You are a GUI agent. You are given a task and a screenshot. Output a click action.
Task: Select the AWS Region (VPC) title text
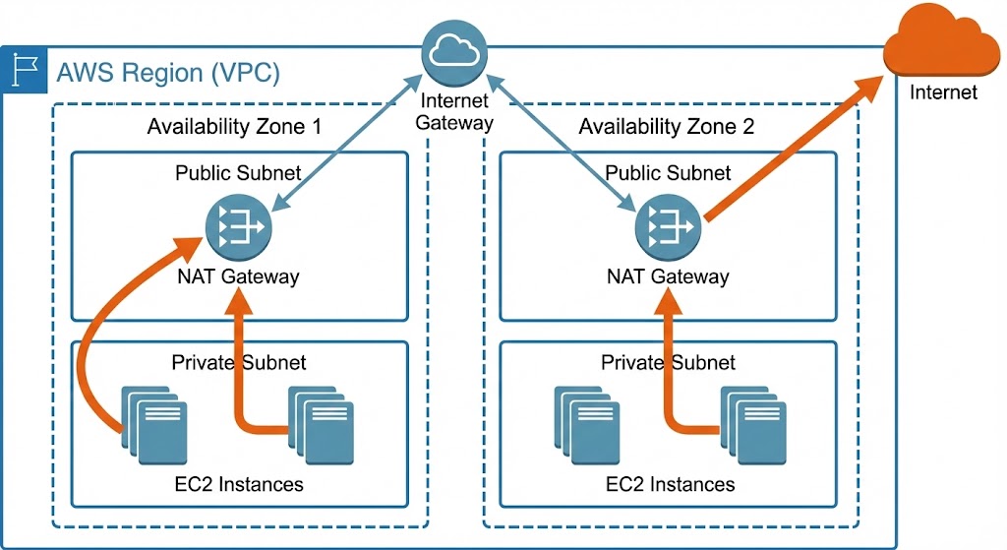point(168,73)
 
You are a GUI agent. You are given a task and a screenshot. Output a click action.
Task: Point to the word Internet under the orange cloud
point(943,92)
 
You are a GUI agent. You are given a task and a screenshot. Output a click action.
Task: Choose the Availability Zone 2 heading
point(667,126)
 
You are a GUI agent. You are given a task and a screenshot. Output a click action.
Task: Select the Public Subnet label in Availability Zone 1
point(238,173)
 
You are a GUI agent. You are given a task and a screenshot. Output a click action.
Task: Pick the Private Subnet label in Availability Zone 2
point(668,362)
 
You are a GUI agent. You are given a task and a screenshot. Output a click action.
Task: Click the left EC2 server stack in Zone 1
point(153,424)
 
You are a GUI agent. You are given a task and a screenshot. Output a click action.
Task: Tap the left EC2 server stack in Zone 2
point(585,424)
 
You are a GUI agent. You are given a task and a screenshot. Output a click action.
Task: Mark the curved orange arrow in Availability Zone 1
point(93,325)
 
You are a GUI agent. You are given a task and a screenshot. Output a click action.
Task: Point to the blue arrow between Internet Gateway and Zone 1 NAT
point(344,148)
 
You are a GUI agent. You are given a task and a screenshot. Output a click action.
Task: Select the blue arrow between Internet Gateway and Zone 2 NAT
point(562,148)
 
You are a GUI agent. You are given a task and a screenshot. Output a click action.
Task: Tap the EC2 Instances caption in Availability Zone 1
point(238,484)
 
